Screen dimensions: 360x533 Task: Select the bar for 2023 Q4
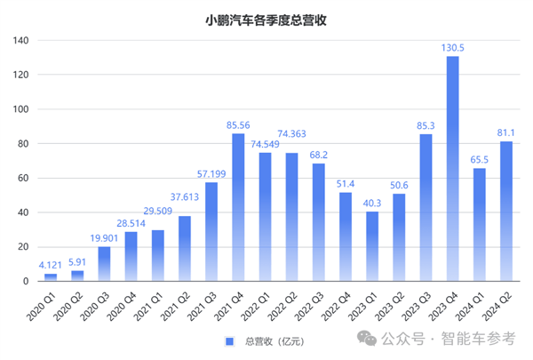point(452,169)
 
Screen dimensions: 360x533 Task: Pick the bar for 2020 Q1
point(51,277)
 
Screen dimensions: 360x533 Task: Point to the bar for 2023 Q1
point(372,246)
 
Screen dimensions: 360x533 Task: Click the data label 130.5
point(452,49)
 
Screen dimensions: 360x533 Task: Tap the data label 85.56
point(238,125)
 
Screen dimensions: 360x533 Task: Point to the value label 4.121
point(51,265)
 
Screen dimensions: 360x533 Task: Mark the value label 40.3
point(372,204)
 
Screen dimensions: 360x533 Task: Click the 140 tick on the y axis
point(20,41)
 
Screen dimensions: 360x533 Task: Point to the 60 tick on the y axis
point(23,179)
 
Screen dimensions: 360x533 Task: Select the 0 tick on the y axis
point(27,282)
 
